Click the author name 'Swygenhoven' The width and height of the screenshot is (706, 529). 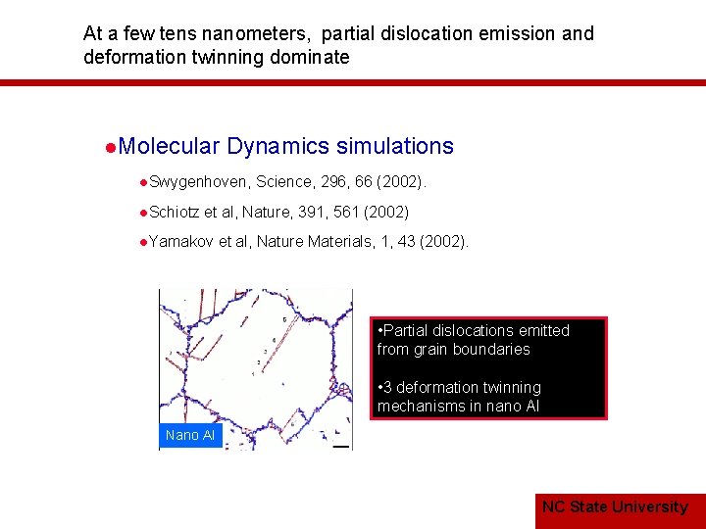(200, 182)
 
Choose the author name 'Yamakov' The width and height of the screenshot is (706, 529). (181, 241)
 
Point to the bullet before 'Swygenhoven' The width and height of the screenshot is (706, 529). (143, 183)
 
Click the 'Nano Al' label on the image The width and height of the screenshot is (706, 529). (190, 435)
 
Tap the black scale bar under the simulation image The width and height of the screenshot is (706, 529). (340, 447)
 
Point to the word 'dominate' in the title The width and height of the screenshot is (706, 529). (313, 57)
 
